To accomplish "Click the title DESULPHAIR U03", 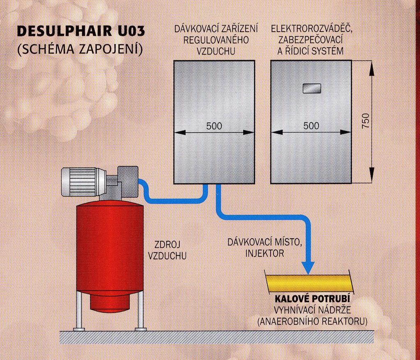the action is (81, 31).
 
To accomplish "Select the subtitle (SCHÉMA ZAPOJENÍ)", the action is (79, 50).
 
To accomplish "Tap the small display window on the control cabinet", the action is (312, 88).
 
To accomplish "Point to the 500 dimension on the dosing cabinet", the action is (214, 125).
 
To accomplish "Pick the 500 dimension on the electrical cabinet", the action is (311, 125).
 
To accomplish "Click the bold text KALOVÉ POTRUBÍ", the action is (312, 299).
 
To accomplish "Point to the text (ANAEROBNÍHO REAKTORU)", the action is (312, 321).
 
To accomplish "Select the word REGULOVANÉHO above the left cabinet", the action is (216, 40).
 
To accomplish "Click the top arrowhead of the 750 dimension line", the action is (372, 68).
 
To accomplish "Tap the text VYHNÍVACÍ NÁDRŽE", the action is (312, 310).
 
